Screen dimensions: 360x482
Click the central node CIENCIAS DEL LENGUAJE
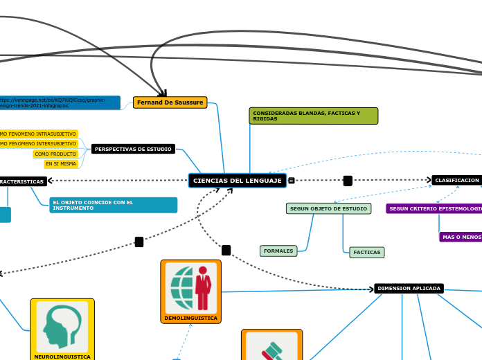coord(238,181)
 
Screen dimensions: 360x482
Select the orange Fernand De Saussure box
coord(170,102)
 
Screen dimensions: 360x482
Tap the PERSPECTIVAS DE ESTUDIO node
coord(133,149)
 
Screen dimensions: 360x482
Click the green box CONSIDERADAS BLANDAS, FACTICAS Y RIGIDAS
coord(313,116)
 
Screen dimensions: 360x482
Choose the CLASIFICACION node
coord(456,180)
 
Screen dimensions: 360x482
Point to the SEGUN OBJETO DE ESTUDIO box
coord(328,208)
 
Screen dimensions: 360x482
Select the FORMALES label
coord(278,251)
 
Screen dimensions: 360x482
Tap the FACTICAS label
coord(367,253)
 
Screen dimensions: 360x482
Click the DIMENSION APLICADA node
coord(409,288)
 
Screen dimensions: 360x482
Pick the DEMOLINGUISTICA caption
coord(190,318)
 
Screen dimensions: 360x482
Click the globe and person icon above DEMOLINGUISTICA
coord(190,287)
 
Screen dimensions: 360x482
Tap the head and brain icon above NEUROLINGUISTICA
coord(62,325)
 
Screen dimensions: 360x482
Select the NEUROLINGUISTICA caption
coord(62,357)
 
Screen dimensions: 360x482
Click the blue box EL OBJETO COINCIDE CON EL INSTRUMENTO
coord(113,205)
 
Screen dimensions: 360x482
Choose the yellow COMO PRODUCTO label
coord(55,154)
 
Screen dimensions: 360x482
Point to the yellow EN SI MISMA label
coord(61,164)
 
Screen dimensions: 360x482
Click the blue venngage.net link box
coord(60,102)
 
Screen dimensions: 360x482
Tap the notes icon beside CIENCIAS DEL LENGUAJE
coord(291,181)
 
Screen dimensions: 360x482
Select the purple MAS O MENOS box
coord(461,237)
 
